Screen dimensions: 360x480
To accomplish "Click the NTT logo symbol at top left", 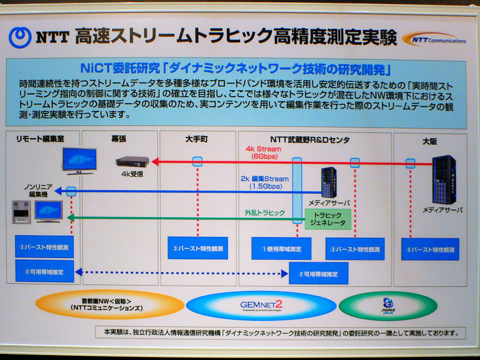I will pyautogui.click(x=20, y=37).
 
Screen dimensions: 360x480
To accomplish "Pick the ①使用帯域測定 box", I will pyautogui.click(x=277, y=248).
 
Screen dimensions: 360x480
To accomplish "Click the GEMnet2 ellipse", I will pyautogui.click(x=260, y=305).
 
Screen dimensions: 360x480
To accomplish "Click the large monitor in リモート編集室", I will pyautogui.click(x=80, y=160).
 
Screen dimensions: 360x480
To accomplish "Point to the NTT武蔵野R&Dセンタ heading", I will pyautogui.click(x=313, y=139).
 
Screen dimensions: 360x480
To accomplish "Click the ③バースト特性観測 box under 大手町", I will pyautogui.click(x=197, y=248).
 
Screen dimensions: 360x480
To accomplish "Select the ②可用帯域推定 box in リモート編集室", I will pyautogui.click(x=44, y=271).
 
